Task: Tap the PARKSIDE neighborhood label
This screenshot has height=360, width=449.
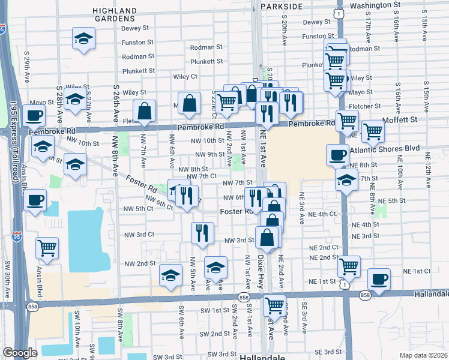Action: [x=294, y=5]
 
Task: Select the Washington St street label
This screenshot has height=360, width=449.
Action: [x=375, y=5]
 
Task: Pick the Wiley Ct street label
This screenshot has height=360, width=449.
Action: [x=185, y=77]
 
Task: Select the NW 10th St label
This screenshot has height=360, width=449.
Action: [x=207, y=140]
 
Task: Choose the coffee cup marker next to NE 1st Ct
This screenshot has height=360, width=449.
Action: [x=379, y=278]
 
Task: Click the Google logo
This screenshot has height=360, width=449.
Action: [x=20, y=353]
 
